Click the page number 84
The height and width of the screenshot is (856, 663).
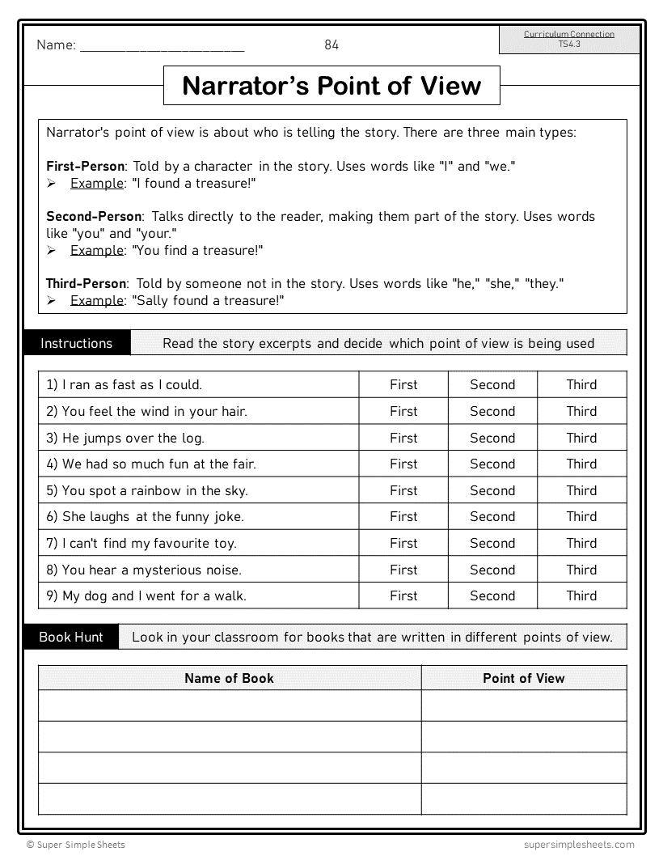tap(331, 45)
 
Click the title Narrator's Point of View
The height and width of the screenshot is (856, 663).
tap(331, 86)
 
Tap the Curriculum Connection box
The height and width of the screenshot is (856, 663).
tap(569, 39)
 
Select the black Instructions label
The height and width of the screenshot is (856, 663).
tap(77, 343)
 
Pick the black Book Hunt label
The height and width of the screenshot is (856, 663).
tap(71, 637)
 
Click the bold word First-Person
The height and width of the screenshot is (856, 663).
tap(85, 166)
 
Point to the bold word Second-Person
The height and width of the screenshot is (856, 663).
tap(94, 216)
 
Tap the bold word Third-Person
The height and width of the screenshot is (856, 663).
tap(87, 283)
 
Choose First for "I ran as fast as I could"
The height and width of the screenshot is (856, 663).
tap(403, 384)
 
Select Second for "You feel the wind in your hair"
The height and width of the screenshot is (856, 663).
tap(492, 411)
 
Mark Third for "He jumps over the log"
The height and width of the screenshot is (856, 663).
tap(581, 438)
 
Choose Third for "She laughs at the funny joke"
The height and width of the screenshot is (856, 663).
tap(581, 516)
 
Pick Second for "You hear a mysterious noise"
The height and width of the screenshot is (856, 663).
tap(492, 570)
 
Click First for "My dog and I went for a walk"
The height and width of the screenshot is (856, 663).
tap(403, 595)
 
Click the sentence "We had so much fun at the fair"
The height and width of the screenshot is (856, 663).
tap(151, 464)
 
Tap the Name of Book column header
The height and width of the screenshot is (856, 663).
tap(229, 678)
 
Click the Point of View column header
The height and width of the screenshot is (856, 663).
tap(523, 678)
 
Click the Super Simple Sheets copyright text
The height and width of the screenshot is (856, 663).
tap(76, 845)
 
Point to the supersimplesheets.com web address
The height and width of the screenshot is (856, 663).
tap(573, 845)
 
